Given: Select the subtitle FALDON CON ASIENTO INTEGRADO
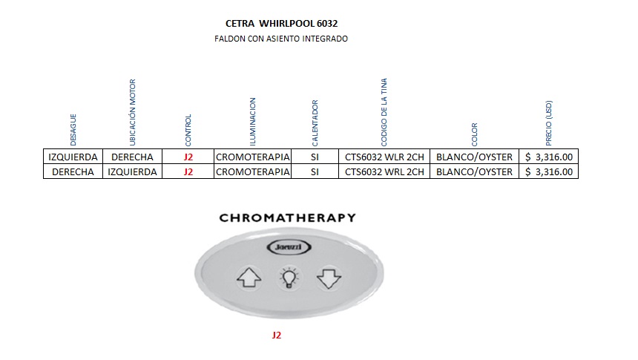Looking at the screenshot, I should click(x=281, y=39).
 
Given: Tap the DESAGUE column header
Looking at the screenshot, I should click(x=73, y=129).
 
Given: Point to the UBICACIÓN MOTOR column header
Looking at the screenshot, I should click(x=133, y=112).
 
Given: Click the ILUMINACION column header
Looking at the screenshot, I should click(x=252, y=121).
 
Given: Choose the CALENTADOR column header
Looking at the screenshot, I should click(x=315, y=122).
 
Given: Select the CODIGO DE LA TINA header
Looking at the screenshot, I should click(x=384, y=111).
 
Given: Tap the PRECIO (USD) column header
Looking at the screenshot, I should click(x=548, y=123).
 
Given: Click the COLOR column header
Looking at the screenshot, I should click(x=475, y=134).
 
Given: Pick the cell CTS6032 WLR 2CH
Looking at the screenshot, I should click(x=384, y=157).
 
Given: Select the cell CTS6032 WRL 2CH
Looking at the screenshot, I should click(x=384, y=172).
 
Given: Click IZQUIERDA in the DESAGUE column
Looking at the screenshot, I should click(x=73, y=157).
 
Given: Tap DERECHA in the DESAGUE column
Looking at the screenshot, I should click(x=73, y=172).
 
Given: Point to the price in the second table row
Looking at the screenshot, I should click(x=549, y=172).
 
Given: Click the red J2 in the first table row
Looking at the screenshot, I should click(x=188, y=157).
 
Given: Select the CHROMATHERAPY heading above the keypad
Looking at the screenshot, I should click(x=287, y=218).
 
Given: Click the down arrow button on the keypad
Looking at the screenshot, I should click(x=327, y=278).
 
